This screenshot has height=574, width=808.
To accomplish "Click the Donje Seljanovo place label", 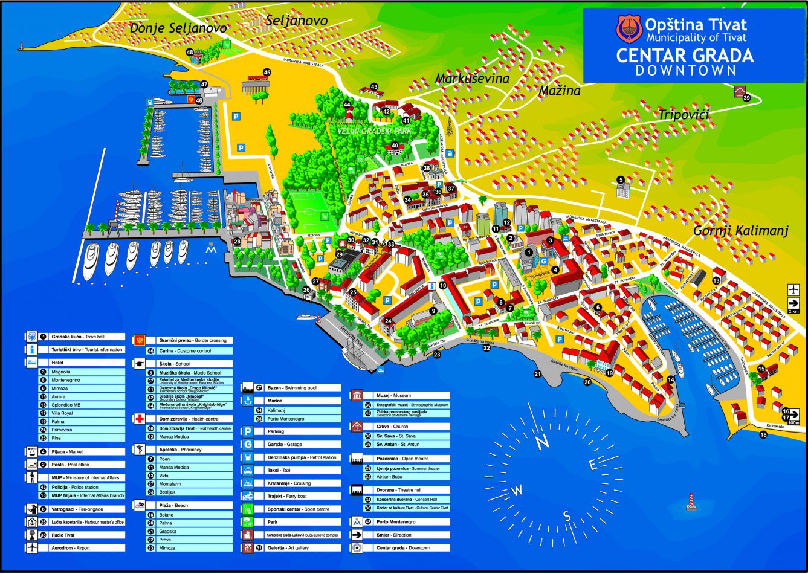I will [x=178, y=28].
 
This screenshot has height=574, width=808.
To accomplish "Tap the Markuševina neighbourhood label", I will [x=473, y=79].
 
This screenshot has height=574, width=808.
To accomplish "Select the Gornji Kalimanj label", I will [x=740, y=230].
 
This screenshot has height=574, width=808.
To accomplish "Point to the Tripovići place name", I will [x=684, y=114].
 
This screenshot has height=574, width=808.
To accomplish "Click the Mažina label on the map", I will [x=560, y=91].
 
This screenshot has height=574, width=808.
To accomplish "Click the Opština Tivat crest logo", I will [x=629, y=29].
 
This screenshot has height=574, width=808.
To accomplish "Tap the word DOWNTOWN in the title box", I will [x=685, y=70].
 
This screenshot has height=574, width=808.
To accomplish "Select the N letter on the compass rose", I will [x=542, y=442].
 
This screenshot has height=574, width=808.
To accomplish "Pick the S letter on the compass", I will [x=567, y=515].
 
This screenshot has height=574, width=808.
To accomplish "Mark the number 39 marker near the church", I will [x=746, y=98].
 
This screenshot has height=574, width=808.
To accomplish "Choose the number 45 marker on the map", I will [x=267, y=73].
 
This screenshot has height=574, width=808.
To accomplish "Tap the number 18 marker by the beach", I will [x=763, y=434].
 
